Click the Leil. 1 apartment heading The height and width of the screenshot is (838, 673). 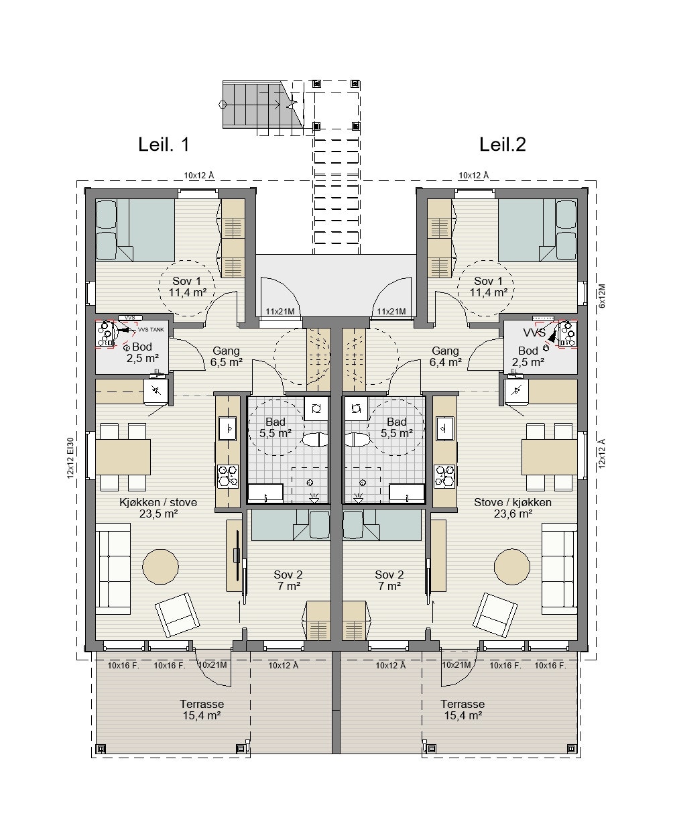(164, 144)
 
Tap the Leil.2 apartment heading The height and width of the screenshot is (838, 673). (503, 144)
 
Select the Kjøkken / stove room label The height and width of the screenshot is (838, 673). (158, 502)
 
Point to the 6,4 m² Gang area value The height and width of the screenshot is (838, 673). (446, 362)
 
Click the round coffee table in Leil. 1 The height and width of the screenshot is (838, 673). (160, 567)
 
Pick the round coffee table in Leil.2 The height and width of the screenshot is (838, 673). (511, 567)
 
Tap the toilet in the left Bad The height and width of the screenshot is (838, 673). (316, 440)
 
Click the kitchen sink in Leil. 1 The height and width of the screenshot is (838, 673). (227, 428)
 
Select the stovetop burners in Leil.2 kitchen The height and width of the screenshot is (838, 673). (444, 476)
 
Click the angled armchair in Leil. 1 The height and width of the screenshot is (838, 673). (178, 615)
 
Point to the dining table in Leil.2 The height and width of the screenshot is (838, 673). (549, 457)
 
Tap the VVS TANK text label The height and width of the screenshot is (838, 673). (151, 330)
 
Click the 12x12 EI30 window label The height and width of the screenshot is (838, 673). (70, 458)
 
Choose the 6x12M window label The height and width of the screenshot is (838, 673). (602, 296)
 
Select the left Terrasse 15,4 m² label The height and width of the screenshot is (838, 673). (202, 710)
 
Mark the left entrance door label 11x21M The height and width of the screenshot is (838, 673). (280, 312)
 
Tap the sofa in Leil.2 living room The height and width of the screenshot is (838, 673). (559, 569)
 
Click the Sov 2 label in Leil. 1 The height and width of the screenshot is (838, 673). (288, 575)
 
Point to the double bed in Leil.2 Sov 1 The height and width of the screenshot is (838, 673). (538, 230)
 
